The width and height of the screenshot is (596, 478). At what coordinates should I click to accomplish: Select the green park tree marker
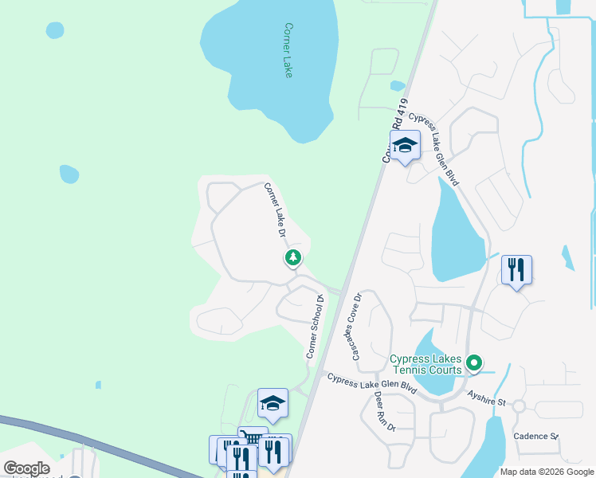[x=293, y=257]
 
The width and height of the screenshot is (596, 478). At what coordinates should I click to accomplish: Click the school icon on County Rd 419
[x=405, y=145]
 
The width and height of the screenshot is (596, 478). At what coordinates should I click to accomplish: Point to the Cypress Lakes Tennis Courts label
[x=425, y=364]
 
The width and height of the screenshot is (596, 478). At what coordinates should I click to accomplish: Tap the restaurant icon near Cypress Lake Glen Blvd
[x=516, y=270]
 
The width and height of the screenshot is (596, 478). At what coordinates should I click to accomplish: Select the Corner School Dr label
[x=316, y=327]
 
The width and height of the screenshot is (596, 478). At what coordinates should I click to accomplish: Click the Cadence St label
[x=535, y=436]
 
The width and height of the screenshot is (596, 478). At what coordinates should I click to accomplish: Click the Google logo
[x=26, y=468]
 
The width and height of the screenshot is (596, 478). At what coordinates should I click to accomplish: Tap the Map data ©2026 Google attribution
[x=547, y=472]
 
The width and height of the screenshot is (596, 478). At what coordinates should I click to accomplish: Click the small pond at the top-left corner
[x=54, y=30]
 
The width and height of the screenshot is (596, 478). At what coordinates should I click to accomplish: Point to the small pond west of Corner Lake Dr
[x=69, y=174]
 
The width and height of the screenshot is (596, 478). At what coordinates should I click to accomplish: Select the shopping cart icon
[x=253, y=438]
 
